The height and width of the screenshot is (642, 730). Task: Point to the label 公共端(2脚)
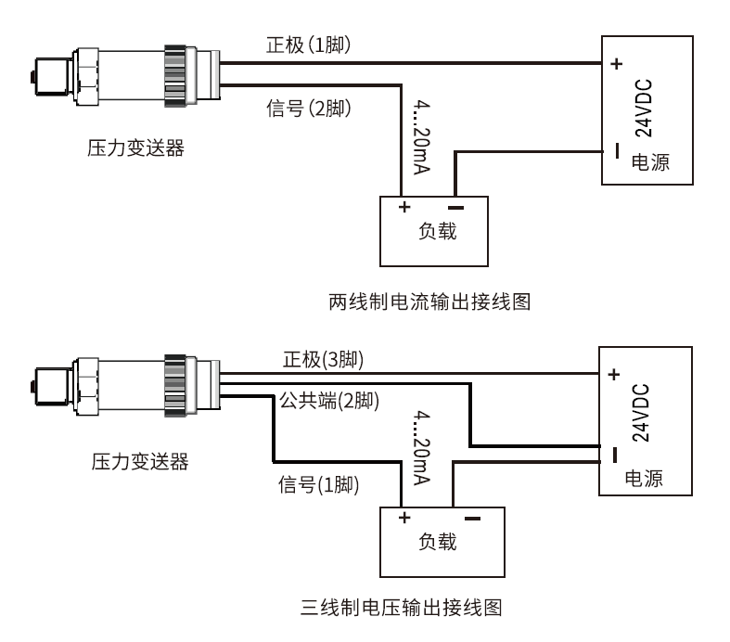pos(322,402)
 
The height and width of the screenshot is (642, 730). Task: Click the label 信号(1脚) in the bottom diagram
pos(319,484)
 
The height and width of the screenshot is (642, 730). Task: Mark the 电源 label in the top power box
pos(649,161)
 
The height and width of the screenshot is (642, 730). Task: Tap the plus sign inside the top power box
pos(617,65)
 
